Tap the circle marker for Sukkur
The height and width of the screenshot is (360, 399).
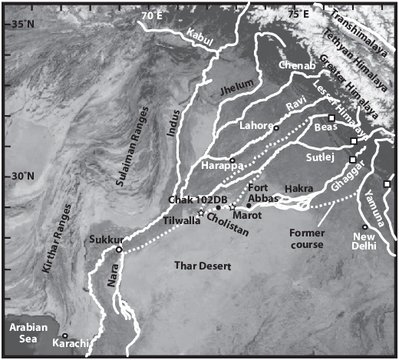click(x=119, y=249)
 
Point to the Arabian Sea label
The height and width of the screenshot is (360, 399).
click(x=23, y=334)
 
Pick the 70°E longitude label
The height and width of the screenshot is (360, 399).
click(x=153, y=14)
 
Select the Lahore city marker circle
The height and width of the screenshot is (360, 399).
click(x=276, y=128)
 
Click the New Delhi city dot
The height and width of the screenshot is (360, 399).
click(x=364, y=226)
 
